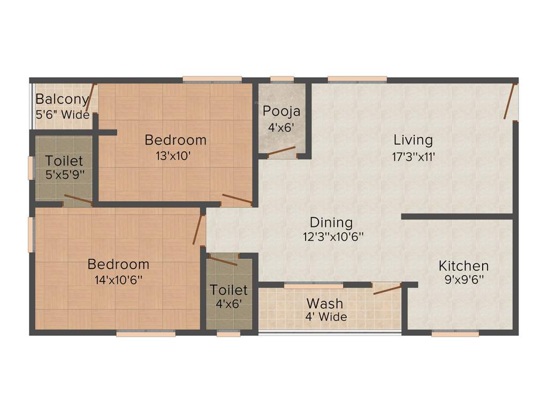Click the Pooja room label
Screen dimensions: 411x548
coord(281,111)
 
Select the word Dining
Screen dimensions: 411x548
coord(331,222)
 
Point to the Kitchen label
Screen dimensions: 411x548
coord(463,265)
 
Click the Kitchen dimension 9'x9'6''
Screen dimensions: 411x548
coord(463,279)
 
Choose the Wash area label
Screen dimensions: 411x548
coord(324,303)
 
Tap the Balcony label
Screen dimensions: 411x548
coord(62,99)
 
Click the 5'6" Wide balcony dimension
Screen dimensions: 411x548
coord(62,114)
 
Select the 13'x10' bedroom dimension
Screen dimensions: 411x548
coord(176,156)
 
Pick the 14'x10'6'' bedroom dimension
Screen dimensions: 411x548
coord(118,279)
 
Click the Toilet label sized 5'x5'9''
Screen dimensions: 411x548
coord(64,161)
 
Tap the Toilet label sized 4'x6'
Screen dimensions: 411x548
coord(229,290)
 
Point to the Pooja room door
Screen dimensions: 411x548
coord(281,151)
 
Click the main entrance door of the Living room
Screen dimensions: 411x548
coord(509,101)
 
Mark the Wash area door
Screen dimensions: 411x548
coord(387,290)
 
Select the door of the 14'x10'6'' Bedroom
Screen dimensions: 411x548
coord(199,230)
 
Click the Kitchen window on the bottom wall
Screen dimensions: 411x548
coord(455,333)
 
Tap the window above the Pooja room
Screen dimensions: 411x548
coord(281,80)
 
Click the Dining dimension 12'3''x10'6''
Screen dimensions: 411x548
coord(331,236)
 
